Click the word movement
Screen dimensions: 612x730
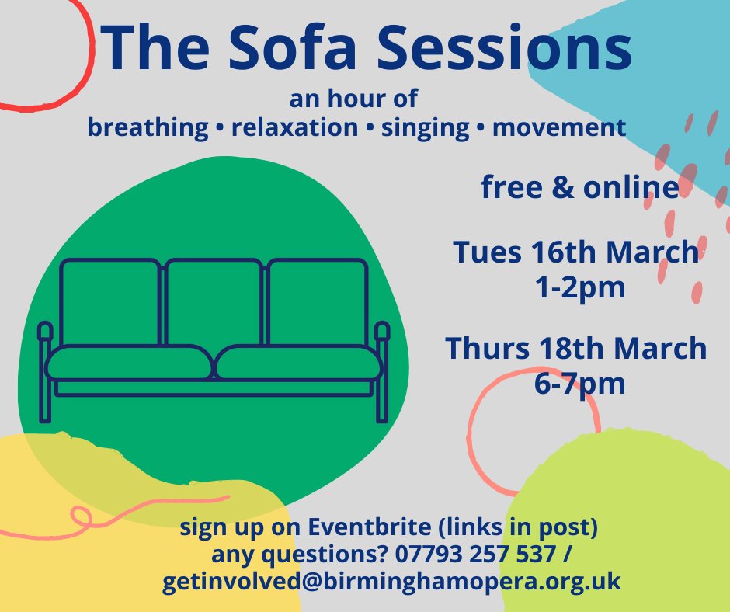pyautogui.click(x=559, y=127)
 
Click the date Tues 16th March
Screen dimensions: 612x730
pyautogui.click(x=575, y=252)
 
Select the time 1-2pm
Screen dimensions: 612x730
pyautogui.click(x=575, y=287)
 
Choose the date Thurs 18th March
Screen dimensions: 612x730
pyautogui.click(x=575, y=349)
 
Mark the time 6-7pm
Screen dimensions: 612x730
pyautogui.click(x=575, y=384)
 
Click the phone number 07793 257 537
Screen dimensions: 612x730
pyautogui.click(x=486, y=555)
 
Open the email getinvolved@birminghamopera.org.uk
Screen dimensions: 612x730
pyautogui.click(x=391, y=582)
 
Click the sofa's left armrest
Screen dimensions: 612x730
pyautogui.click(x=44, y=334)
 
